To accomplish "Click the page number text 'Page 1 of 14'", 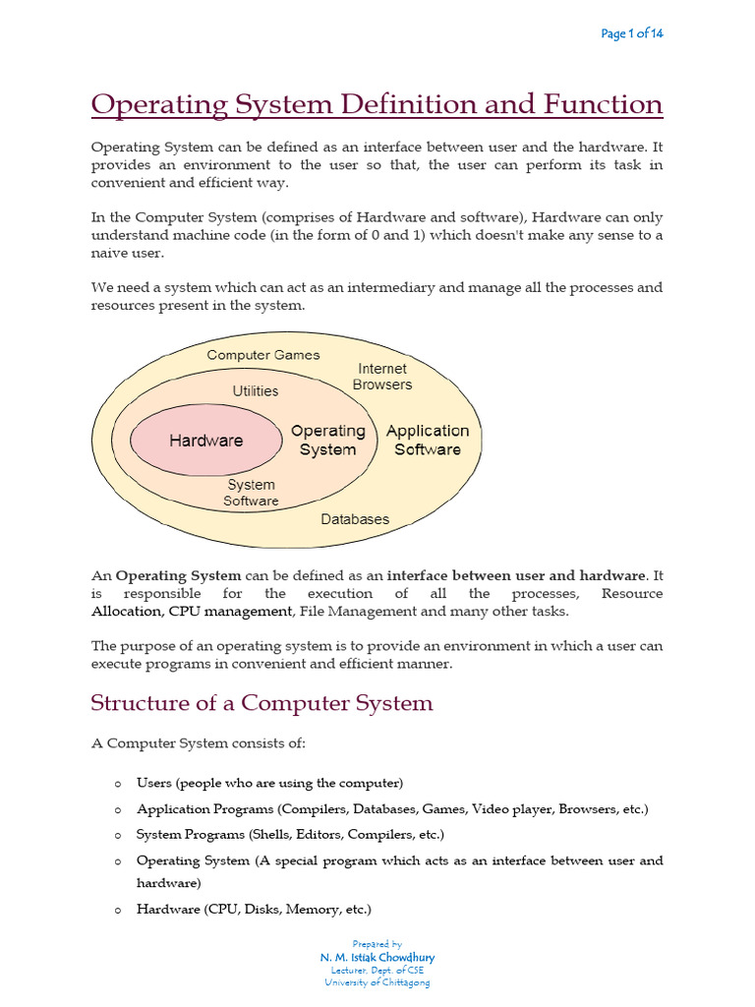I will pos(631,34).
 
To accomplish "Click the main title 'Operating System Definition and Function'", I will pos(377,103).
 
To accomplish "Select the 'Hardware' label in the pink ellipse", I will pos(205,441).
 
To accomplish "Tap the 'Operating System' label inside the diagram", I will pos(327,440).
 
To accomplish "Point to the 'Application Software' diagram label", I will pos(428,440).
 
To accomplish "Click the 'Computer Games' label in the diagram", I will pos(263,355).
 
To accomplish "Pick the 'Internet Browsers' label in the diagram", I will pos(382,377).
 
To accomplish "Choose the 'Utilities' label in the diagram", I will pos(256,390).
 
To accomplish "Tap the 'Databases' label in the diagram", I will pos(355,519).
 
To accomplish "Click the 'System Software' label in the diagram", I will pos(252,493).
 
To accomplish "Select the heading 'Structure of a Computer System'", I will pos(261,703).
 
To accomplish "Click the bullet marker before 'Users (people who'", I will pos(117,784).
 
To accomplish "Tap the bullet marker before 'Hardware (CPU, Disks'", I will pos(117,911).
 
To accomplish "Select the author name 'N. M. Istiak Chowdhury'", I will pos(377,957).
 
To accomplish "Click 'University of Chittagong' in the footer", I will pos(377,981).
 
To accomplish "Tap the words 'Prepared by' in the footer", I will pos(377,944).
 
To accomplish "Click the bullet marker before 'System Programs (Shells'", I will pos(117,835).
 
